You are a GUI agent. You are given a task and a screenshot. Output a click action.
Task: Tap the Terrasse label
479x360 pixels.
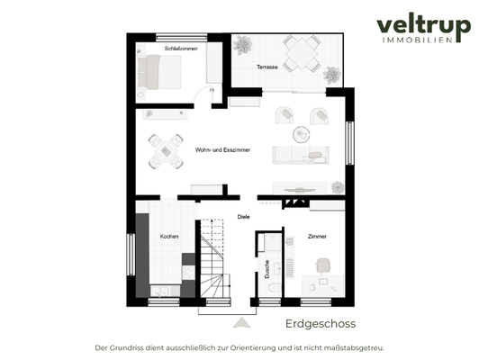pyautogui.click(x=267, y=67)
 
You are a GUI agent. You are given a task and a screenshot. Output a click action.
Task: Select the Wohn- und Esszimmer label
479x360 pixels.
pyautogui.click(x=222, y=149)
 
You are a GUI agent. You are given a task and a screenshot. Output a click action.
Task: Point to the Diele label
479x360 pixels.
pyautogui.click(x=243, y=217)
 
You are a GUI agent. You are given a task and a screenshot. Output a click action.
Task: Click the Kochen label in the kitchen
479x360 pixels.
pyautogui.click(x=169, y=237)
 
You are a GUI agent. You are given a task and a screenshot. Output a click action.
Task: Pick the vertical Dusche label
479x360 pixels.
pyautogui.click(x=267, y=266)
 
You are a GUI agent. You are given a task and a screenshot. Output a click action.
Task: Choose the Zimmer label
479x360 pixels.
pyautogui.click(x=317, y=237)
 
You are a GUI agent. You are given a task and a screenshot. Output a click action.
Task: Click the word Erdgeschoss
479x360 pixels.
pyautogui.click(x=321, y=323)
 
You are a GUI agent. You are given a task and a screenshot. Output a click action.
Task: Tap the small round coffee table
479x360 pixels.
pyautogui.click(x=301, y=132)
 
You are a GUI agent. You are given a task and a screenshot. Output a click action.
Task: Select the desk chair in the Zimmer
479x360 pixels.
pyautogui.click(x=323, y=264)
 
